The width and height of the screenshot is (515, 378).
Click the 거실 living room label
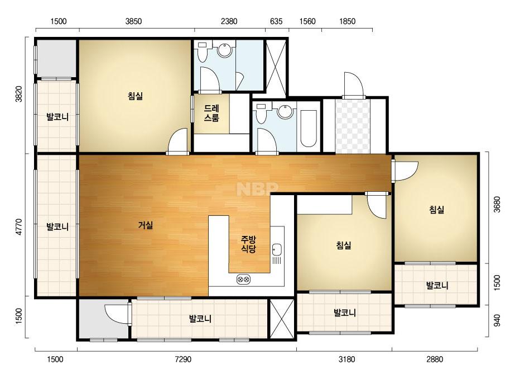146,225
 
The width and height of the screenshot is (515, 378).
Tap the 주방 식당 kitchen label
249,244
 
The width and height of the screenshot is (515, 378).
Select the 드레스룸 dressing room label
211,113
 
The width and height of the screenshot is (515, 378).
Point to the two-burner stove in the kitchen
243,279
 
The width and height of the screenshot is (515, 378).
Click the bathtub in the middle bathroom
309,129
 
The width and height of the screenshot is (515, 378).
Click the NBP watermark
258,189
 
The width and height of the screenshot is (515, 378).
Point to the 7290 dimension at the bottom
183,359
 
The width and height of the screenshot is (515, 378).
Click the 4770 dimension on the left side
19,227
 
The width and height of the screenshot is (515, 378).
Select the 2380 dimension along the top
229,21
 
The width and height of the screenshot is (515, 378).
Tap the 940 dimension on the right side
497,320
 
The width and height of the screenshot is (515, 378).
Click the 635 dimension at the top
276,21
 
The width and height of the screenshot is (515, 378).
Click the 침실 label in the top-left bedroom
136,96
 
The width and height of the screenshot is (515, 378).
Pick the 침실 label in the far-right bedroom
437,210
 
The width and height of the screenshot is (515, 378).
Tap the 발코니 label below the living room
200,319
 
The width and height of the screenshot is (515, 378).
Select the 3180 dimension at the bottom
347,359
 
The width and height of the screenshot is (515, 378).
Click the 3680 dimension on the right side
497,205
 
